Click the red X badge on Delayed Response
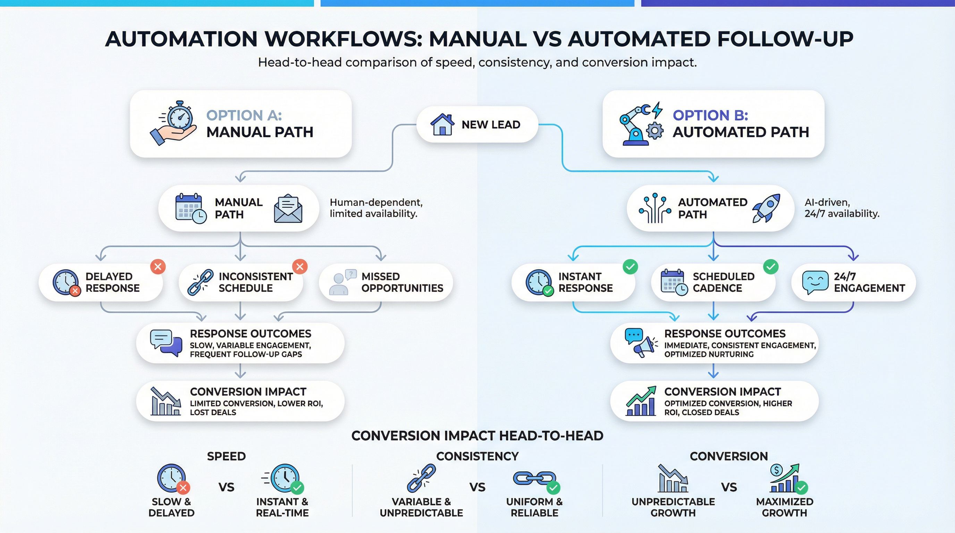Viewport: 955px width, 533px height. tap(158, 266)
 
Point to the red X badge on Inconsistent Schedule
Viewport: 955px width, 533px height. tap(300, 266)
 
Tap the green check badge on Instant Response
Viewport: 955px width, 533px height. tap(630, 266)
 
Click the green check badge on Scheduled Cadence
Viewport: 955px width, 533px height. tap(771, 266)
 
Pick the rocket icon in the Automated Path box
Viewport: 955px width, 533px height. tap(766, 208)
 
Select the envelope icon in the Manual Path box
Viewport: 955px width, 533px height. tap(288, 209)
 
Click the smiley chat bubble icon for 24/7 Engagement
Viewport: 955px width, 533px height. tap(815, 282)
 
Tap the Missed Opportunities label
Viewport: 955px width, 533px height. tap(402, 282)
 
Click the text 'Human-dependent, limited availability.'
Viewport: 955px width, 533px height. tap(376, 208)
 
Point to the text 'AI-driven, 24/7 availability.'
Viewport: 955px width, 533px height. tap(842, 208)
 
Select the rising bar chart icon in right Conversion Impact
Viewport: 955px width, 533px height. tap(641, 401)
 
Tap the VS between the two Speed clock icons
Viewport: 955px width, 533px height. tap(226, 487)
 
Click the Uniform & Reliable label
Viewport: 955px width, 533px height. tap(534, 507)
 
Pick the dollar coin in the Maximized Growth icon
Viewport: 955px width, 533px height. tap(776, 470)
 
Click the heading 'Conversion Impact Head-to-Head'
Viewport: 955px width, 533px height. tap(477, 435)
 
